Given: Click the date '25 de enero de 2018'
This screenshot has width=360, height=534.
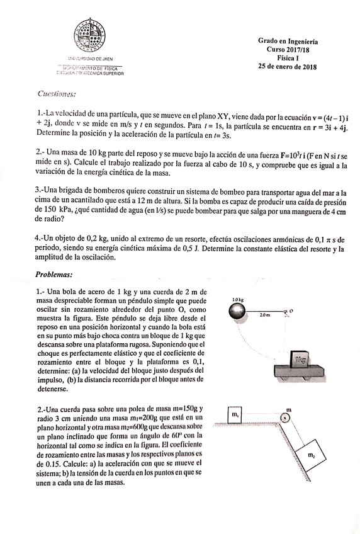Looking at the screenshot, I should click(x=288, y=67).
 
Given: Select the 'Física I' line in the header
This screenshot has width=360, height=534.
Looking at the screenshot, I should click(x=288, y=58).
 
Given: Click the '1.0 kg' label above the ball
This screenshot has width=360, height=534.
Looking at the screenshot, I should click(x=237, y=299).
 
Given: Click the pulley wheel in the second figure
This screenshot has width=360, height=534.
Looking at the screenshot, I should click(x=286, y=418).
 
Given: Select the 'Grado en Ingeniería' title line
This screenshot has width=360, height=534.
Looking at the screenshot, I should click(x=288, y=40).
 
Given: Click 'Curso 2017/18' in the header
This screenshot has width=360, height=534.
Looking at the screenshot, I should click(x=288, y=49).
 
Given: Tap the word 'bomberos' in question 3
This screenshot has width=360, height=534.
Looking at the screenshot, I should click(x=122, y=191).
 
